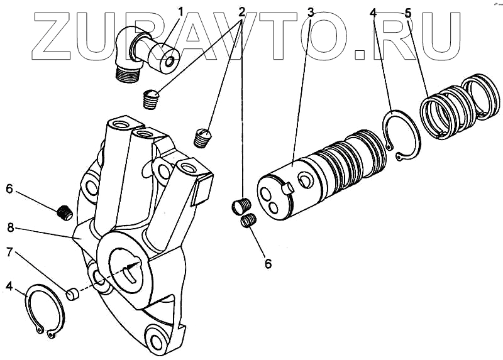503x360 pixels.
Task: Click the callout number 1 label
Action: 180,12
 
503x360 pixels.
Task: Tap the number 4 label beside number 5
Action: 374,12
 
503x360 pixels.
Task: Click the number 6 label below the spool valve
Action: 268,264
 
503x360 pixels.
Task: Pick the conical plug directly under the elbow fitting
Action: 150,99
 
